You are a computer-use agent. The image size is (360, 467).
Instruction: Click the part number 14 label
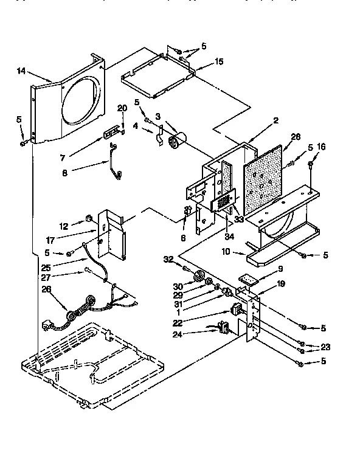point(21,71)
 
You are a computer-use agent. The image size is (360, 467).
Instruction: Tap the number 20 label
point(122,108)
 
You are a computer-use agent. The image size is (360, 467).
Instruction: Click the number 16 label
point(322,147)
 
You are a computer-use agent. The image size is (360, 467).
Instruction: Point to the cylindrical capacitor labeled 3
point(177,140)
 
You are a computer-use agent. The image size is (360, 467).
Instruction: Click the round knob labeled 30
point(196,278)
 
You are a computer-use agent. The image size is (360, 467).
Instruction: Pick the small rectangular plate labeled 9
point(247,278)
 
